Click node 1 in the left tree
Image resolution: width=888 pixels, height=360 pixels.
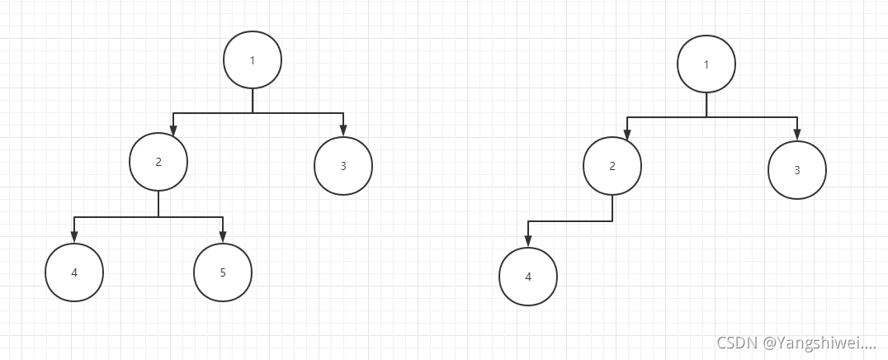coord(253,60)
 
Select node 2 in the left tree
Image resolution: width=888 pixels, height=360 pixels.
coord(158,161)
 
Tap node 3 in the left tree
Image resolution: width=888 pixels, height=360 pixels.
coord(343,166)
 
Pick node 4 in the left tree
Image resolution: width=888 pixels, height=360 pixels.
coord(74,272)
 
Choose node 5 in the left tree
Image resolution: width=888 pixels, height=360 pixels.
coord(223,272)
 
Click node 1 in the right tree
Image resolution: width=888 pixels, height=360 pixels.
coord(706,64)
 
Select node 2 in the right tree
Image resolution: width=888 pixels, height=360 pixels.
coord(612,166)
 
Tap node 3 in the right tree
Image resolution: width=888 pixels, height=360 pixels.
coord(797,170)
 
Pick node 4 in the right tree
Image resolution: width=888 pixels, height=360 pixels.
coord(528,277)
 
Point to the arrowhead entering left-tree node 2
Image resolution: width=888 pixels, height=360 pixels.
coord(172,130)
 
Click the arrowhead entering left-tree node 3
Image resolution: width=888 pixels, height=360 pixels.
coord(343,130)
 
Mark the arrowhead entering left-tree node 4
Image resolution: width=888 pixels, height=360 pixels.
coord(74,237)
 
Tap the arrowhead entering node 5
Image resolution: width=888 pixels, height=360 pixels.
coord(223,237)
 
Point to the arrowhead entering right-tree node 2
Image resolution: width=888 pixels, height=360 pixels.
coord(626,135)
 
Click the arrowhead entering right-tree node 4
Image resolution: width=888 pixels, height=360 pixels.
coord(528,241)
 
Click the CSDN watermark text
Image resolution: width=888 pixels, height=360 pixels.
coord(796,343)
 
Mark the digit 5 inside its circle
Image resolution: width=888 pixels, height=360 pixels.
coord(223,272)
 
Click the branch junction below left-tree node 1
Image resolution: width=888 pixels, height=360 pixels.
coord(253,112)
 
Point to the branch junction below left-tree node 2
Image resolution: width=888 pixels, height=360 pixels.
coord(158,217)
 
